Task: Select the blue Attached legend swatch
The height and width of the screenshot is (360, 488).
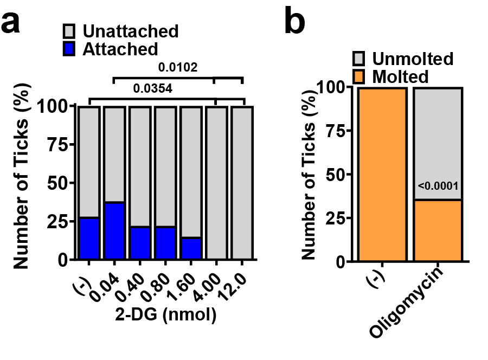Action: coord(71,49)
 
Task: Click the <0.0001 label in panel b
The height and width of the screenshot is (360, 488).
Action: coord(438,188)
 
